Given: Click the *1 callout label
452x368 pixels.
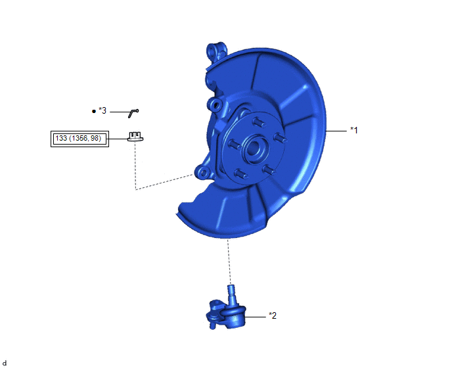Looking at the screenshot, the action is (353, 130).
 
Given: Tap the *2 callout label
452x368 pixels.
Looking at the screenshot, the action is (273, 315).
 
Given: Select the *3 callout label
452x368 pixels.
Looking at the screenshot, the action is (102, 110).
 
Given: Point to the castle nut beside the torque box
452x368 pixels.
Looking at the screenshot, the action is (135, 137).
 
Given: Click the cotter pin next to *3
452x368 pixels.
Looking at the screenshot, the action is (133, 113).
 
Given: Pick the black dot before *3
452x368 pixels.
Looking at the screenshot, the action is (94, 111).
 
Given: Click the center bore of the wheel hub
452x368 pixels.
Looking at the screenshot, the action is (252, 149).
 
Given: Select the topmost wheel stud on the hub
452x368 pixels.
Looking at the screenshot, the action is (259, 122).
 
